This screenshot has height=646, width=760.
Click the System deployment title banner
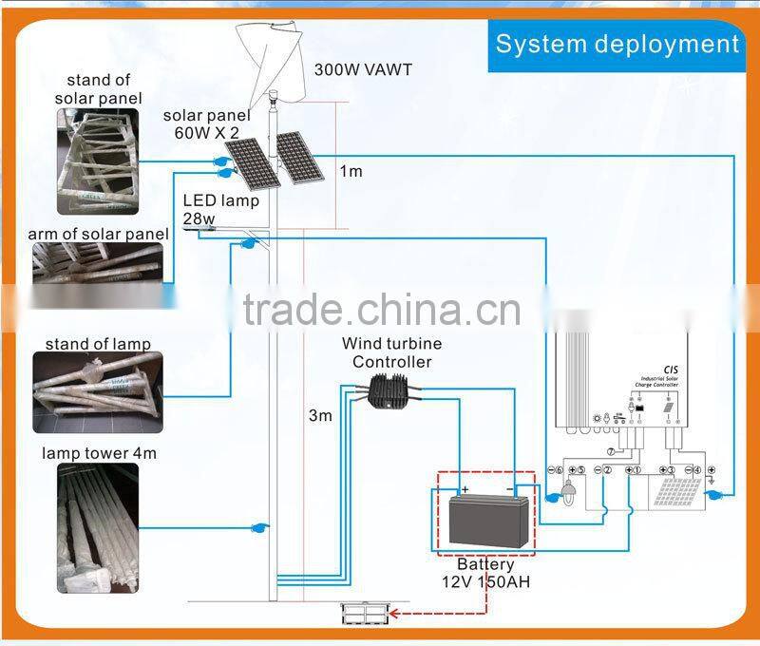pos(617,44)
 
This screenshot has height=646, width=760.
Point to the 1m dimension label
pos(351,171)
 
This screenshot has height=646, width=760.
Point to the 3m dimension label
pos(320,415)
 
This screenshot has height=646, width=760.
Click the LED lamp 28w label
pos(219,210)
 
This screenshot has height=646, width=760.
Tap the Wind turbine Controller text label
pos(391,352)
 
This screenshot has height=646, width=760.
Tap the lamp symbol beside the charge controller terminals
pos(570,494)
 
